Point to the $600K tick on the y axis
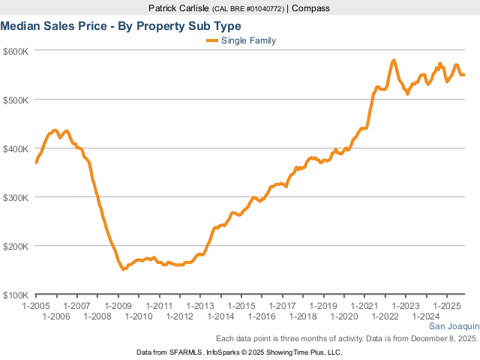click(x=15, y=51)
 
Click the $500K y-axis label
click(x=15, y=100)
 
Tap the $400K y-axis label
click(x=15, y=148)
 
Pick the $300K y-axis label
click(x=15, y=197)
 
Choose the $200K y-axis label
click(x=15, y=246)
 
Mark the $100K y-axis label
click(x=15, y=295)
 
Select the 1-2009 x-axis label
click(x=118, y=306)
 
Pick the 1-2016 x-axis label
click(x=262, y=316)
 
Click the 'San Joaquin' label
click(x=453, y=327)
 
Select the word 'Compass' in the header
click(x=311, y=8)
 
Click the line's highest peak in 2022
click(x=394, y=60)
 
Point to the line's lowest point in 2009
click(x=124, y=268)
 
